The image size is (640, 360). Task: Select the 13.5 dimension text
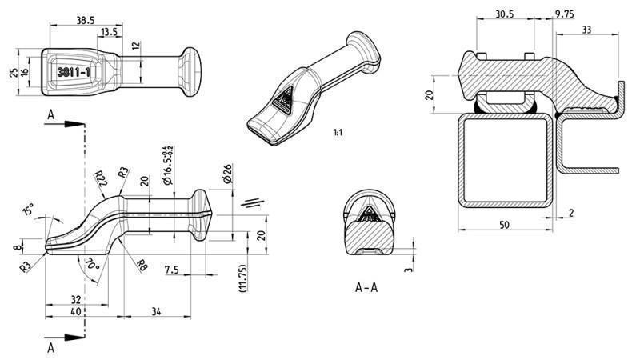[110, 32]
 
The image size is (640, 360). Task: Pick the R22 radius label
[100, 178]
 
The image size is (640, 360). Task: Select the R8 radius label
[141, 265]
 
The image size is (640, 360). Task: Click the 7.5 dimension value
[171, 270]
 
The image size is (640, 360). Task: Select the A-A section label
[366, 286]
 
